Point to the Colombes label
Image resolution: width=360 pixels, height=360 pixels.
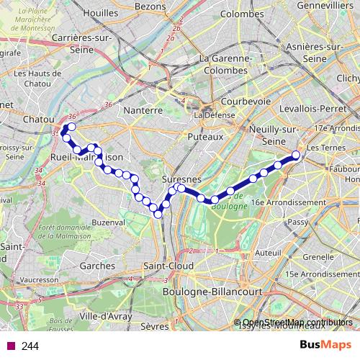coord(242,14)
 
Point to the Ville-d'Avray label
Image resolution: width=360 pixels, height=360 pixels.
coord(101,315)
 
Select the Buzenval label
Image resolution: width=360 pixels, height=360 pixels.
coord(108,223)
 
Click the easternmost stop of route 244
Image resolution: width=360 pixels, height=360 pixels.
coord(296,155)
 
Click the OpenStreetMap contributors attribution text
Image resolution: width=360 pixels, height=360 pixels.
coord(297,323)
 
